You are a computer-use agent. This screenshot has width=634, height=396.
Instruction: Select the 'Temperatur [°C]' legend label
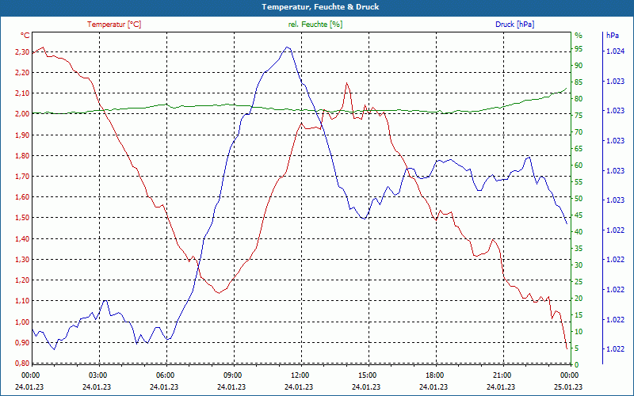[x=114, y=25]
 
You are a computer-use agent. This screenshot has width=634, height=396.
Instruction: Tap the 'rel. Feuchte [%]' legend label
[x=315, y=25]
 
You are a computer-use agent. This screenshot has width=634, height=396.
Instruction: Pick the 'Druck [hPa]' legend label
[x=514, y=25]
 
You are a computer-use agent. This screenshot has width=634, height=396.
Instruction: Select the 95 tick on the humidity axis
[x=579, y=49]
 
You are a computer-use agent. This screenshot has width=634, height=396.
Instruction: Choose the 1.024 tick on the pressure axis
[x=615, y=51]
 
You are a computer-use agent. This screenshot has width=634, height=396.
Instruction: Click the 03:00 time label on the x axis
[x=97, y=375]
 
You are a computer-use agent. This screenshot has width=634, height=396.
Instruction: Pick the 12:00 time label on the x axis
[x=300, y=375]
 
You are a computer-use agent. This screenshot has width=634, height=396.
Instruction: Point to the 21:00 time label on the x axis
[x=502, y=375]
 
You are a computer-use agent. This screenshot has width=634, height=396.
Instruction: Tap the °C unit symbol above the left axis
[x=25, y=36]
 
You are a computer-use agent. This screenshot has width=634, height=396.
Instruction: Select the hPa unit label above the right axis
[x=612, y=36]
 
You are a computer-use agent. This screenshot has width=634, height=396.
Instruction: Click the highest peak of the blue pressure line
[x=287, y=47]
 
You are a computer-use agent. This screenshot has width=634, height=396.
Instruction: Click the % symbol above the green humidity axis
[x=579, y=36]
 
